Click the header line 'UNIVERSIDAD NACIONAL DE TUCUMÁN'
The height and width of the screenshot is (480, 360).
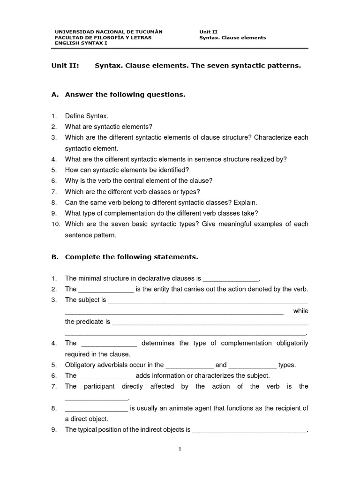coord(109,32)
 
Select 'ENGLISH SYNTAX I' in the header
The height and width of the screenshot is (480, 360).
coord(81,43)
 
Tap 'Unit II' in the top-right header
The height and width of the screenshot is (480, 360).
coord(209,32)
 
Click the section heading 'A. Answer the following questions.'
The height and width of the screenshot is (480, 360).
coord(118,95)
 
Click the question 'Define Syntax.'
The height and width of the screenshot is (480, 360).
coord(87,116)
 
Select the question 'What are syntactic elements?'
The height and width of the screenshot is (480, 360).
coord(109,127)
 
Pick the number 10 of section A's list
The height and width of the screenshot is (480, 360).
coord(56,224)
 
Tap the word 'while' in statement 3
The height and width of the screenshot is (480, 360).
coord(300,311)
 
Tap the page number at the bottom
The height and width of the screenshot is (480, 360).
coord(180,450)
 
